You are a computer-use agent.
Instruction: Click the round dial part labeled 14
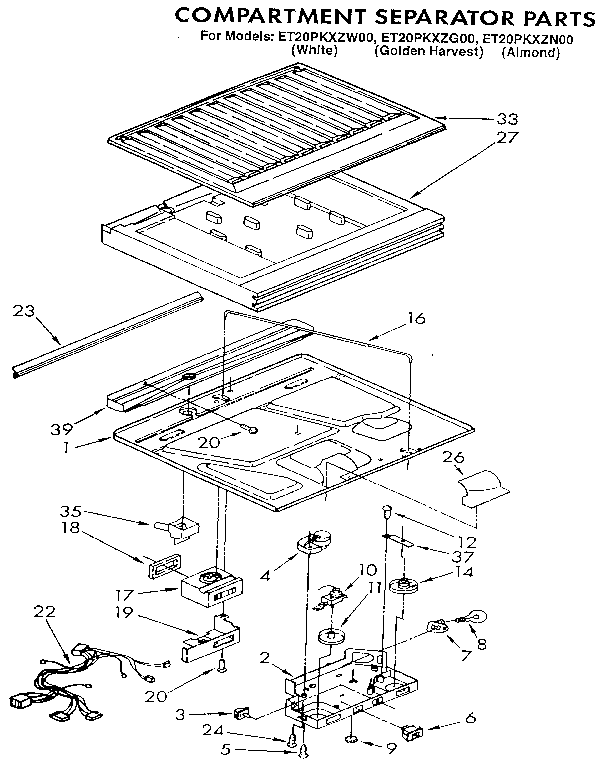(x=407, y=587)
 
